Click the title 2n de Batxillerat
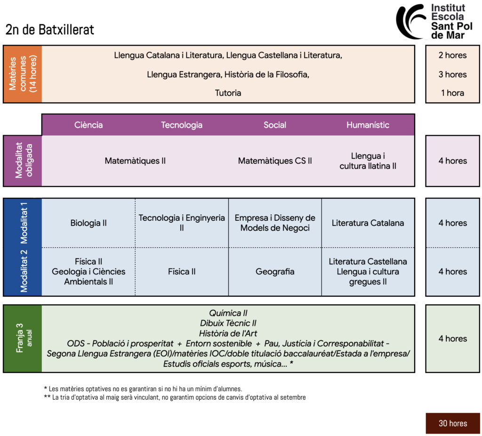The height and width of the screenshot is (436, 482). pyautogui.click(x=50, y=30)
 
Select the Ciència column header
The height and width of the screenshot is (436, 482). pyautogui.click(x=88, y=125)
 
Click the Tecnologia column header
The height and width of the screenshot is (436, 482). pyautogui.click(x=182, y=125)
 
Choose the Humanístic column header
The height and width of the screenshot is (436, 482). pyautogui.click(x=368, y=125)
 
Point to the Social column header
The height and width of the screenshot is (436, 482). pyautogui.click(x=275, y=125)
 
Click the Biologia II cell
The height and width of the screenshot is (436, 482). pyautogui.click(x=88, y=223)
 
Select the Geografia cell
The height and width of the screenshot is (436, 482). pyautogui.click(x=275, y=272)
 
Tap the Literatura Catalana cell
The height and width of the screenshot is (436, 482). pyautogui.click(x=368, y=223)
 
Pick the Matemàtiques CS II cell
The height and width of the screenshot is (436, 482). pyautogui.click(x=275, y=161)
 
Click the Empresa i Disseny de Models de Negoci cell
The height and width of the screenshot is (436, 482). pyautogui.click(x=275, y=223)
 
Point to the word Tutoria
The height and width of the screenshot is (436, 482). pyautogui.click(x=228, y=93)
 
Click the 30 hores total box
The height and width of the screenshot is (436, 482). pyautogui.click(x=452, y=423)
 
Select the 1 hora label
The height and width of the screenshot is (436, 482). pyautogui.click(x=452, y=93)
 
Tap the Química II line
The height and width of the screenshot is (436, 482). pyautogui.click(x=228, y=313)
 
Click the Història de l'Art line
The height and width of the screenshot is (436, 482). pyautogui.click(x=228, y=333)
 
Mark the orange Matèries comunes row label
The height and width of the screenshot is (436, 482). pyautogui.click(x=23, y=74)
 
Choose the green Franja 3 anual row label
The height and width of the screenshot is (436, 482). pyautogui.click(x=23, y=339)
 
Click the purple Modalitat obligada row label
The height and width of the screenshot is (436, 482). pyautogui.click(x=23, y=161)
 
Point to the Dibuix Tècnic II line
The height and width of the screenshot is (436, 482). pyautogui.click(x=228, y=323)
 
